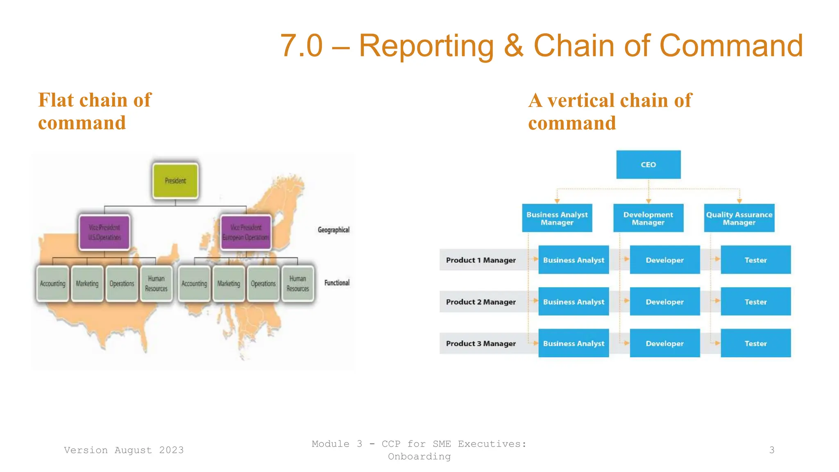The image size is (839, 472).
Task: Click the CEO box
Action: (x=648, y=165)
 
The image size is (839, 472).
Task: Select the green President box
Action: (x=175, y=181)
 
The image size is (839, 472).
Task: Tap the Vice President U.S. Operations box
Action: (x=104, y=232)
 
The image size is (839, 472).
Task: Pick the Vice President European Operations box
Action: (x=246, y=232)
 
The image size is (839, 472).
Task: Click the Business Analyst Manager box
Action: (x=557, y=218)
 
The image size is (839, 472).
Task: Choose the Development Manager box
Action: (x=648, y=218)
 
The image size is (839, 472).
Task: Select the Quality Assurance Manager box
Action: (x=739, y=218)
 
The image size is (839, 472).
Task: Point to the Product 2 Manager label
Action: (x=481, y=302)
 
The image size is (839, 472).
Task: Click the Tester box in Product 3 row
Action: (x=755, y=343)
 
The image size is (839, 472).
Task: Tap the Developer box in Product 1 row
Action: (x=664, y=260)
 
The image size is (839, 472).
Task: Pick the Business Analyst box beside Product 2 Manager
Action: (x=574, y=302)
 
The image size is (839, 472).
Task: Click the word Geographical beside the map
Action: (x=333, y=230)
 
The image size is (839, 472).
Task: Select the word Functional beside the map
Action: (x=337, y=283)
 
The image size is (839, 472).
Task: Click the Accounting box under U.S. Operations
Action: (x=52, y=284)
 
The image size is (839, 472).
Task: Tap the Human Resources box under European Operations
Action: (x=297, y=284)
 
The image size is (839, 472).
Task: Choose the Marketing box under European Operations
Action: (x=229, y=284)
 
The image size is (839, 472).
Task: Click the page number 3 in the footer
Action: (x=772, y=450)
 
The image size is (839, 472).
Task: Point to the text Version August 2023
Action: (x=124, y=450)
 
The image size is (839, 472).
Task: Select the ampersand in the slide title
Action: (x=514, y=46)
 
